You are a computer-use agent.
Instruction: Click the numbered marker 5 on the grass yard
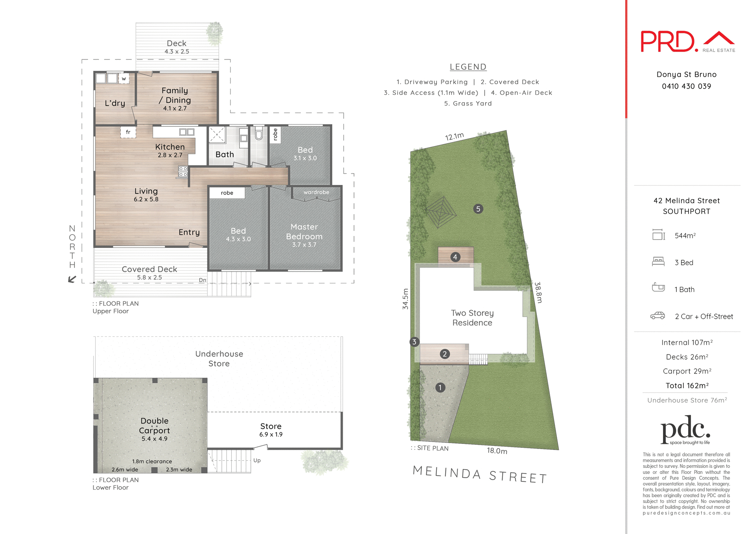coord(478,209)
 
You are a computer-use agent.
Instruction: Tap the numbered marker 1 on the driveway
coord(440,388)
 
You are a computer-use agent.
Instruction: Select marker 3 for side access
coord(414,342)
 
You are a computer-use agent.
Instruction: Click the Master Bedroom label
coord(304,232)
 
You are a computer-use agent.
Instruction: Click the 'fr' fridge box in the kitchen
coord(128,132)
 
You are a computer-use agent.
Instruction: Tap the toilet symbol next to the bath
coord(259,134)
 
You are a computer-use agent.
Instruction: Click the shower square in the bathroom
coord(217,135)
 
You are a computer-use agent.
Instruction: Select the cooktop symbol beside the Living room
coord(183,172)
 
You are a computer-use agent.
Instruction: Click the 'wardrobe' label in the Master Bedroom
coord(316,192)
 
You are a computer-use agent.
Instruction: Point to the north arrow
coord(72,279)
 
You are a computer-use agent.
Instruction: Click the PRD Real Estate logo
coord(687,42)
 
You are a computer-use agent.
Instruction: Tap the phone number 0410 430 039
coord(686,86)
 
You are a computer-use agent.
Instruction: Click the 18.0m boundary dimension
coord(497,451)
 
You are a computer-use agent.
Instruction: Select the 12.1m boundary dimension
coord(454,137)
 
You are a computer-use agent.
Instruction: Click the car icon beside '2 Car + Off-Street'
coord(657,316)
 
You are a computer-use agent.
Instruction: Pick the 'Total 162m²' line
coord(687,386)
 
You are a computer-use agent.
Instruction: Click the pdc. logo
coord(685,430)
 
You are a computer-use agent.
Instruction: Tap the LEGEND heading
coord(468,67)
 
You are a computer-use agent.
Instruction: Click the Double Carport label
coord(154,426)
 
